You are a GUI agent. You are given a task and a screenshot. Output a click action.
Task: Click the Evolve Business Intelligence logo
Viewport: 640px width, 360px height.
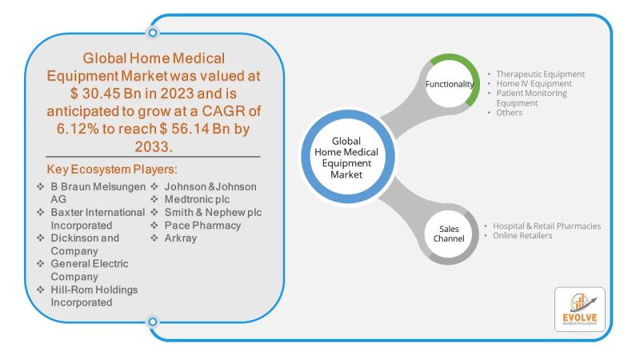(x=580, y=310)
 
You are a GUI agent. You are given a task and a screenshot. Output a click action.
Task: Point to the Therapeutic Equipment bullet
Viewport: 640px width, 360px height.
(x=540, y=74)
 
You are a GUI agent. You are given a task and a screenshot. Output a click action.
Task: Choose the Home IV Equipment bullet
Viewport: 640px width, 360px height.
(x=534, y=84)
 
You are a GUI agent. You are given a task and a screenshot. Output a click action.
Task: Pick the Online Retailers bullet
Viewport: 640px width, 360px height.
(x=524, y=235)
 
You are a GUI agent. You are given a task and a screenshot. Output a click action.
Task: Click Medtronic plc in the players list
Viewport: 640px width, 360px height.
(x=198, y=199)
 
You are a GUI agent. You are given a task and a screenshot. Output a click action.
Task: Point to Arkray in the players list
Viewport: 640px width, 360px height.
(x=182, y=238)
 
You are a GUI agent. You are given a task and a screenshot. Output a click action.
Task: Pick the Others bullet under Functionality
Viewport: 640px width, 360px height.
(x=509, y=113)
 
